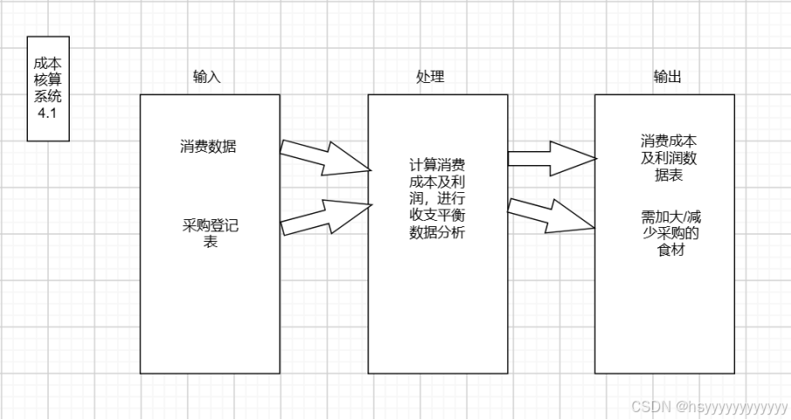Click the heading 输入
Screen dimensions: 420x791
pos(207,77)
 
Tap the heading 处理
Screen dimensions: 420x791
pos(430,77)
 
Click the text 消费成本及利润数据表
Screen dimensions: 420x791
pos(668,158)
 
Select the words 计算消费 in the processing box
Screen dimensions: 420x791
pos(437,164)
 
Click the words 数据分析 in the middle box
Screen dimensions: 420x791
pos(437,232)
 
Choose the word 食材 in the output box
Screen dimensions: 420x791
pos(670,251)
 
